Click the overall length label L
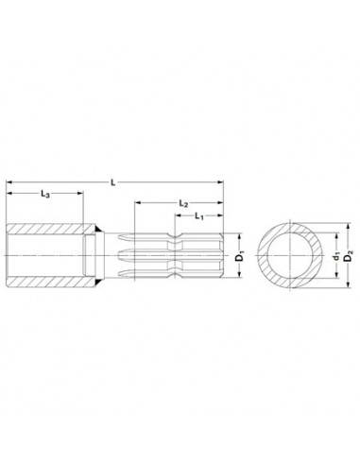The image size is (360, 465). pos(113,182)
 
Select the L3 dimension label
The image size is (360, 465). pos(45,194)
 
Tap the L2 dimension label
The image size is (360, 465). pos(183,203)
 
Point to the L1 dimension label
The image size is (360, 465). pos(199,216)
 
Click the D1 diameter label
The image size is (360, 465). pos(240,255)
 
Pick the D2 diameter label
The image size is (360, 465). pos(348,255)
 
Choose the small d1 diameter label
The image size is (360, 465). pos(336,256)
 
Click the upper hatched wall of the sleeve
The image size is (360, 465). pos(50,229)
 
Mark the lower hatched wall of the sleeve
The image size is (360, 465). pos(50,283)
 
